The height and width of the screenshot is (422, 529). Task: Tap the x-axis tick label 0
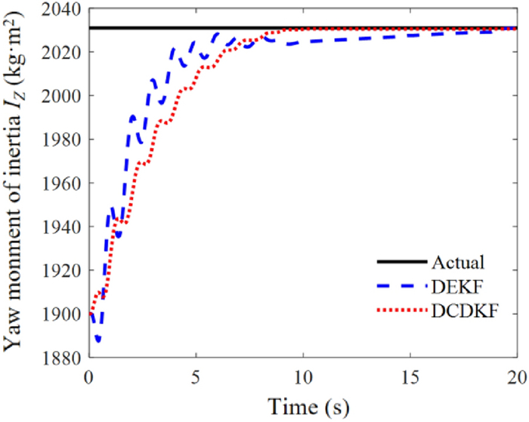[89, 375]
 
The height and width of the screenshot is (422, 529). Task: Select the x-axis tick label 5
[196, 375]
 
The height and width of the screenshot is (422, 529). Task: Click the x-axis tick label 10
[302, 375]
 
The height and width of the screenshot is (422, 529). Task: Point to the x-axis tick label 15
[410, 375]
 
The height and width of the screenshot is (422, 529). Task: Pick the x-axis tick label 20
[515, 375]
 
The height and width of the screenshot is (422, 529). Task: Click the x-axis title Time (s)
[302, 405]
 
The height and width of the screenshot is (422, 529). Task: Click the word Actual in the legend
[457, 263]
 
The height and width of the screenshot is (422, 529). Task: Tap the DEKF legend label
[456, 287]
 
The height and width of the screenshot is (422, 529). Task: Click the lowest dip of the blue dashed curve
[97, 340]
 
